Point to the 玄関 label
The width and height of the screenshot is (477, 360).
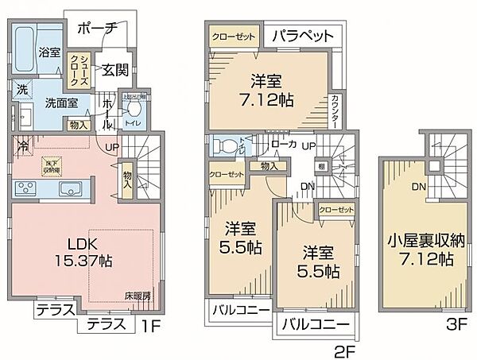coord(111,70)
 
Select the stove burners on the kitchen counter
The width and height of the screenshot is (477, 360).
coord(27,189)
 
